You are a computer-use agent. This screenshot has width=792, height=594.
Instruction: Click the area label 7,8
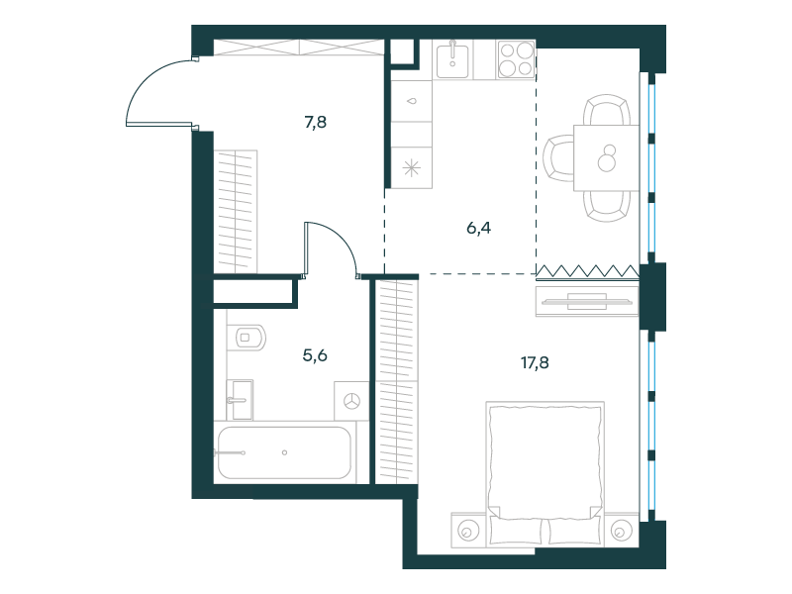click(315, 122)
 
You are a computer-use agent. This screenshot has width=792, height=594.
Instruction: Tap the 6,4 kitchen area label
click(478, 229)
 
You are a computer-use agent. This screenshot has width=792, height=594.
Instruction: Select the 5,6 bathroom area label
click(315, 356)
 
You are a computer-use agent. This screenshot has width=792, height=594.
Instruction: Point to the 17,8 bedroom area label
click(535, 362)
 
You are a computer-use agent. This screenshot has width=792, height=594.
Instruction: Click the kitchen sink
click(452, 60)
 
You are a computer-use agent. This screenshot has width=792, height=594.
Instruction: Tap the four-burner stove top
click(516, 59)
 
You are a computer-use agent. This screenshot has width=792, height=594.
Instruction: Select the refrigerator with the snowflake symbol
click(412, 167)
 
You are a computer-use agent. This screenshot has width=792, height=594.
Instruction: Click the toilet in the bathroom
click(246, 338)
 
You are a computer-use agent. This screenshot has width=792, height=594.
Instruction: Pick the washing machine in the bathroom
click(351, 401)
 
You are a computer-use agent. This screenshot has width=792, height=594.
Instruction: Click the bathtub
click(284, 452)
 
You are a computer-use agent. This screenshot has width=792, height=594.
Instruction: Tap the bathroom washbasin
click(240, 400)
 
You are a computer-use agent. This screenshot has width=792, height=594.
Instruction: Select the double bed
click(545, 474)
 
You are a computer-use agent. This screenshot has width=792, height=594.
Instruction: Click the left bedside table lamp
click(467, 531)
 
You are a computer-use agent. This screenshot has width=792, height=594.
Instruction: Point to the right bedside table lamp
click(621, 531)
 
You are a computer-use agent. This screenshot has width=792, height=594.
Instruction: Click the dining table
click(606, 157)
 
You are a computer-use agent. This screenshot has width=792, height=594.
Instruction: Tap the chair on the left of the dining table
click(558, 158)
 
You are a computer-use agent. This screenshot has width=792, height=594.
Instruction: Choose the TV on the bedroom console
click(586, 302)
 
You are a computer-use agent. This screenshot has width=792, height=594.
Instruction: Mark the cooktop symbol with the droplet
click(412, 101)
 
